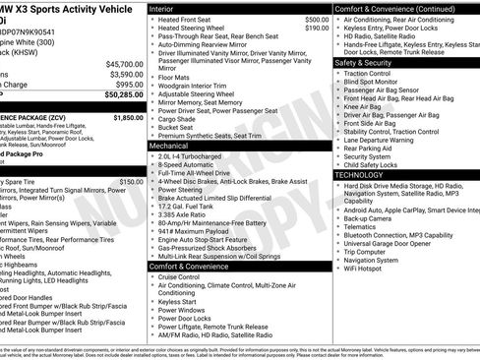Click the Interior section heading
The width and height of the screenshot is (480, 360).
click(163, 8)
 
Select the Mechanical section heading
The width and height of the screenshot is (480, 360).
click(169, 145)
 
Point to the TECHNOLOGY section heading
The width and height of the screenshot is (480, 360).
click(361, 174)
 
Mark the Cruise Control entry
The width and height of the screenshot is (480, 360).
click(180, 277)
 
